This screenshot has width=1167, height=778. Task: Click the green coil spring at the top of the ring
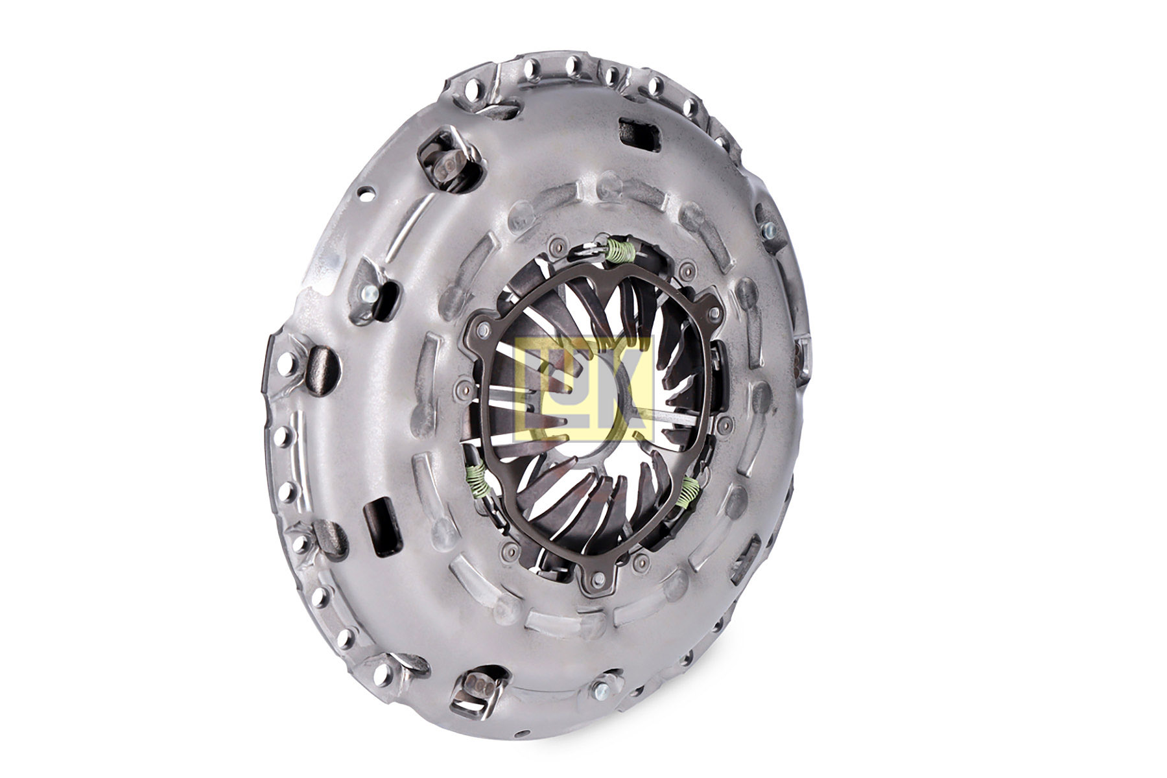pyautogui.click(x=620, y=250)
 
